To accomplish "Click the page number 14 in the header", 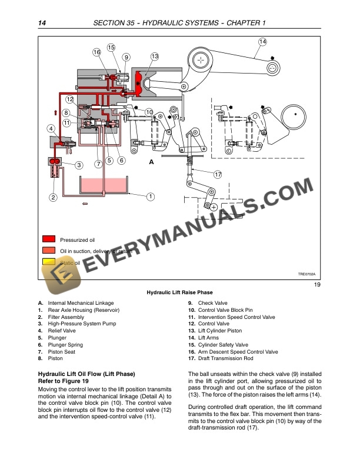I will pyautogui.click(x=42, y=23).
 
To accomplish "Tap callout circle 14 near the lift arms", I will pyautogui.click(x=262, y=41).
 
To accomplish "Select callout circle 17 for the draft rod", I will pyautogui.click(x=218, y=174).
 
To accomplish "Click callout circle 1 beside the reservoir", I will pyautogui.click(x=151, y=196).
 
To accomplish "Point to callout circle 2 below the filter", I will pyautogui.click(x=53, y=198).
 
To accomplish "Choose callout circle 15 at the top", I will pyautogui.click(x=111, y=47).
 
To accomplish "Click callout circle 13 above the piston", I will pyautogui.click(x=154, y=56).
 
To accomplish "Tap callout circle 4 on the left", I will pyautogui.click(x=51, y=128).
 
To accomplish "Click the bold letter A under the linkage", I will pyautogui.click(x=151, y=162).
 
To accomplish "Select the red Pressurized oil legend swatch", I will pyautogui.click(x=49, y=239).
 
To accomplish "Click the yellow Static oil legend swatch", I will pyautogui.click(x=49, y=262).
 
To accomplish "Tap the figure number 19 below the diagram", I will pyautogui.click(x=316, y=285).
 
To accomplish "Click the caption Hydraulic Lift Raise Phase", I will pyautogui.click(x=179, y=292).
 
